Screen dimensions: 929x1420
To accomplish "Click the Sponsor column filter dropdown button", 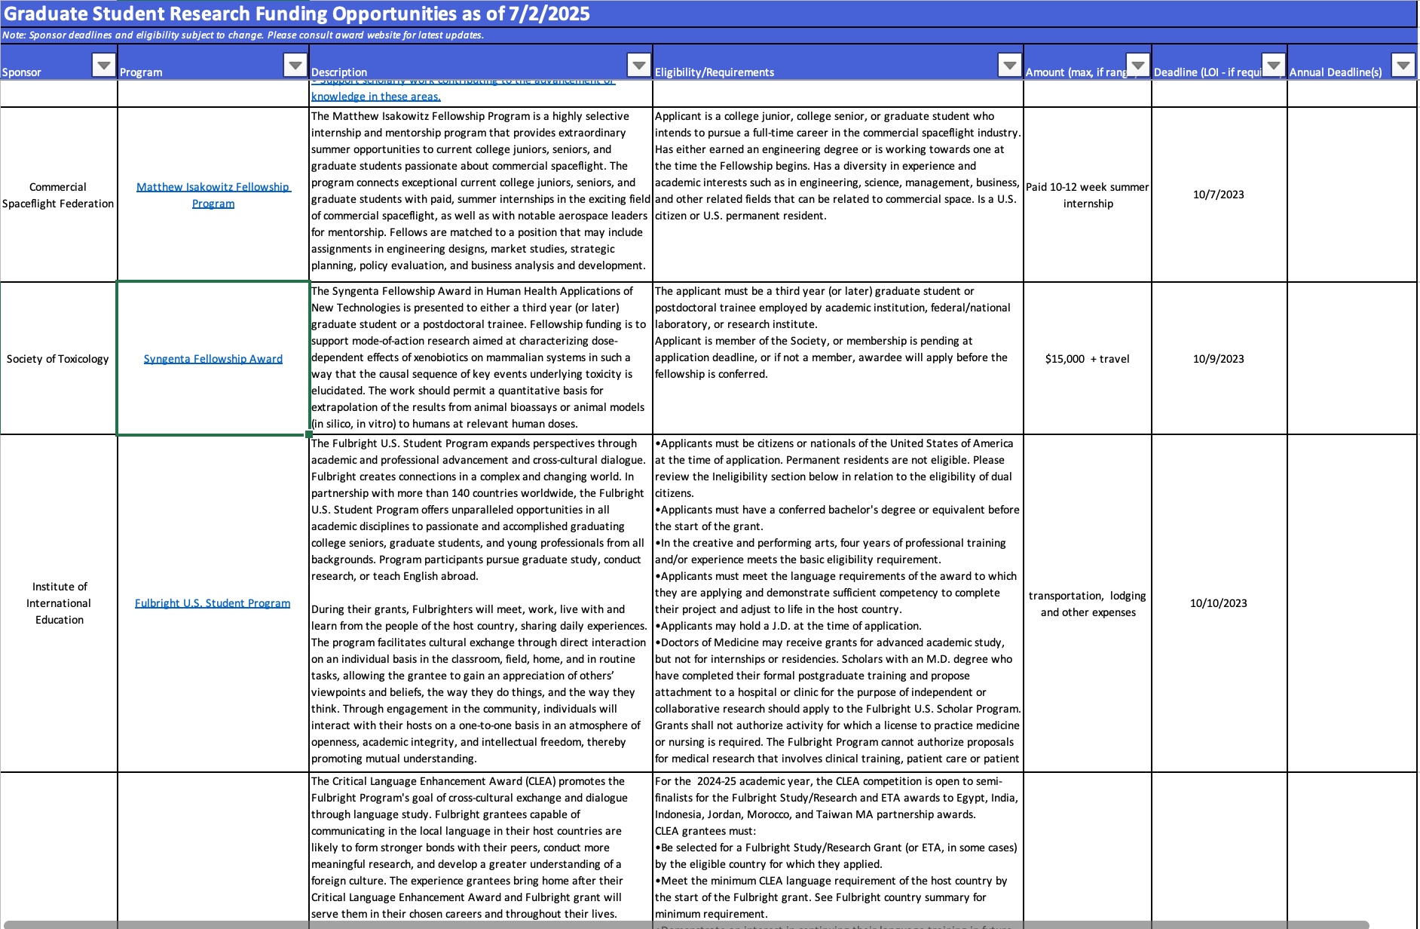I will point(103,65).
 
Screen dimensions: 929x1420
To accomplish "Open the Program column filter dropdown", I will point(295,65).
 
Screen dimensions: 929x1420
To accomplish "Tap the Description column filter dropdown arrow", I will point(638,65).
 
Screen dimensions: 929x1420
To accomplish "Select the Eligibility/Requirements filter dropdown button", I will point(1009,65).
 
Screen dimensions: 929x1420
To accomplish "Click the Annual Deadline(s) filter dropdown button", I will point(1403,65).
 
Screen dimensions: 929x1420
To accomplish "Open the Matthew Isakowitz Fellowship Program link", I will point(213,195).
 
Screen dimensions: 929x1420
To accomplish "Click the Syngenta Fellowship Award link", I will point(213,359).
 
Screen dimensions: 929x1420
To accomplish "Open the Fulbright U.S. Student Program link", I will point(213,603).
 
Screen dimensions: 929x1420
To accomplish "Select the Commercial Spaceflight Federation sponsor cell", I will point(58,195).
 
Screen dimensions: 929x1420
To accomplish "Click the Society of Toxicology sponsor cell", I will point(58,359).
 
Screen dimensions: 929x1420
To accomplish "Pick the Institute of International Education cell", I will point(59,603).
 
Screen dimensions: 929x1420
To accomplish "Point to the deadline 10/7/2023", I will point(1218,195).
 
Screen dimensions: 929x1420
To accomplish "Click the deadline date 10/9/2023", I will point(1218,359).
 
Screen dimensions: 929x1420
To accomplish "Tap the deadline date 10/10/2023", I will point(1218,603).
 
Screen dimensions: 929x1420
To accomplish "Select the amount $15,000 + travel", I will point(1087,359).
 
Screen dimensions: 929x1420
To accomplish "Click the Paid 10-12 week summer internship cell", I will point(1087,195).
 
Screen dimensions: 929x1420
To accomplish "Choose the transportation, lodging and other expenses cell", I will point(1087,603).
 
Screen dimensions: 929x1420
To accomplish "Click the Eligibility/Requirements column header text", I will point(714,72).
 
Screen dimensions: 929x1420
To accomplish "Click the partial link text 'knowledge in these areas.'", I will point(376,97).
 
